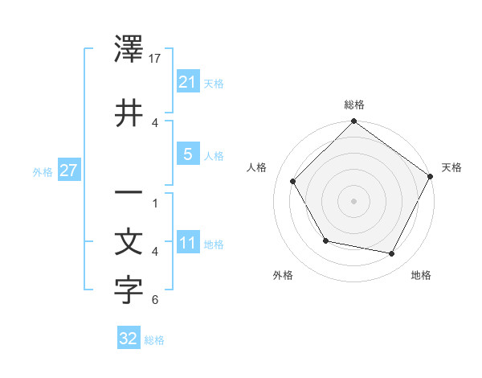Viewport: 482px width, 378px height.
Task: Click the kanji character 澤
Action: coord(129,51)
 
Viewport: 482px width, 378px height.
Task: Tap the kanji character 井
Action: coord(129,113)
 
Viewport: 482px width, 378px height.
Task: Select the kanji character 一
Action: coord(129,194)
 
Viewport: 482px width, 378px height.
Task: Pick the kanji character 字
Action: coord(129,292)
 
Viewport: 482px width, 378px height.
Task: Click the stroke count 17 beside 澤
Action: coord(156,58)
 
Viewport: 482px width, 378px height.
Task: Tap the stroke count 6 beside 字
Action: coord(154,300)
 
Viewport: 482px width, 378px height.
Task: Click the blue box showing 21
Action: coord(187,81)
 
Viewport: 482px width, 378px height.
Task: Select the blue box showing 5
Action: coord(187,154)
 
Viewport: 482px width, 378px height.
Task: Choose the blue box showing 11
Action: coord(187,243)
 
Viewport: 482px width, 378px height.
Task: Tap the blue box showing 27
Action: coord(68,171)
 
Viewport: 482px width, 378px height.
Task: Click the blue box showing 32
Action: coord(129,339)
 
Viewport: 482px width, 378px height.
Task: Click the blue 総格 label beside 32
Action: coord(154,339)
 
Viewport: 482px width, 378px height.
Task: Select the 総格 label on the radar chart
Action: coord(354,105)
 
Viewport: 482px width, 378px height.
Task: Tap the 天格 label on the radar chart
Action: coord(451,167)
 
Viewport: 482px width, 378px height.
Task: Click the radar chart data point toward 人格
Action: coord(292,181)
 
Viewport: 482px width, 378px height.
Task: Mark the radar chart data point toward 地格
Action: coord(392,254)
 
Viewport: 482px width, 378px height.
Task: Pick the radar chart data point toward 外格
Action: coord(325,241)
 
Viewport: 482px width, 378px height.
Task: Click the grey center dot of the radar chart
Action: coord(354,200)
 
